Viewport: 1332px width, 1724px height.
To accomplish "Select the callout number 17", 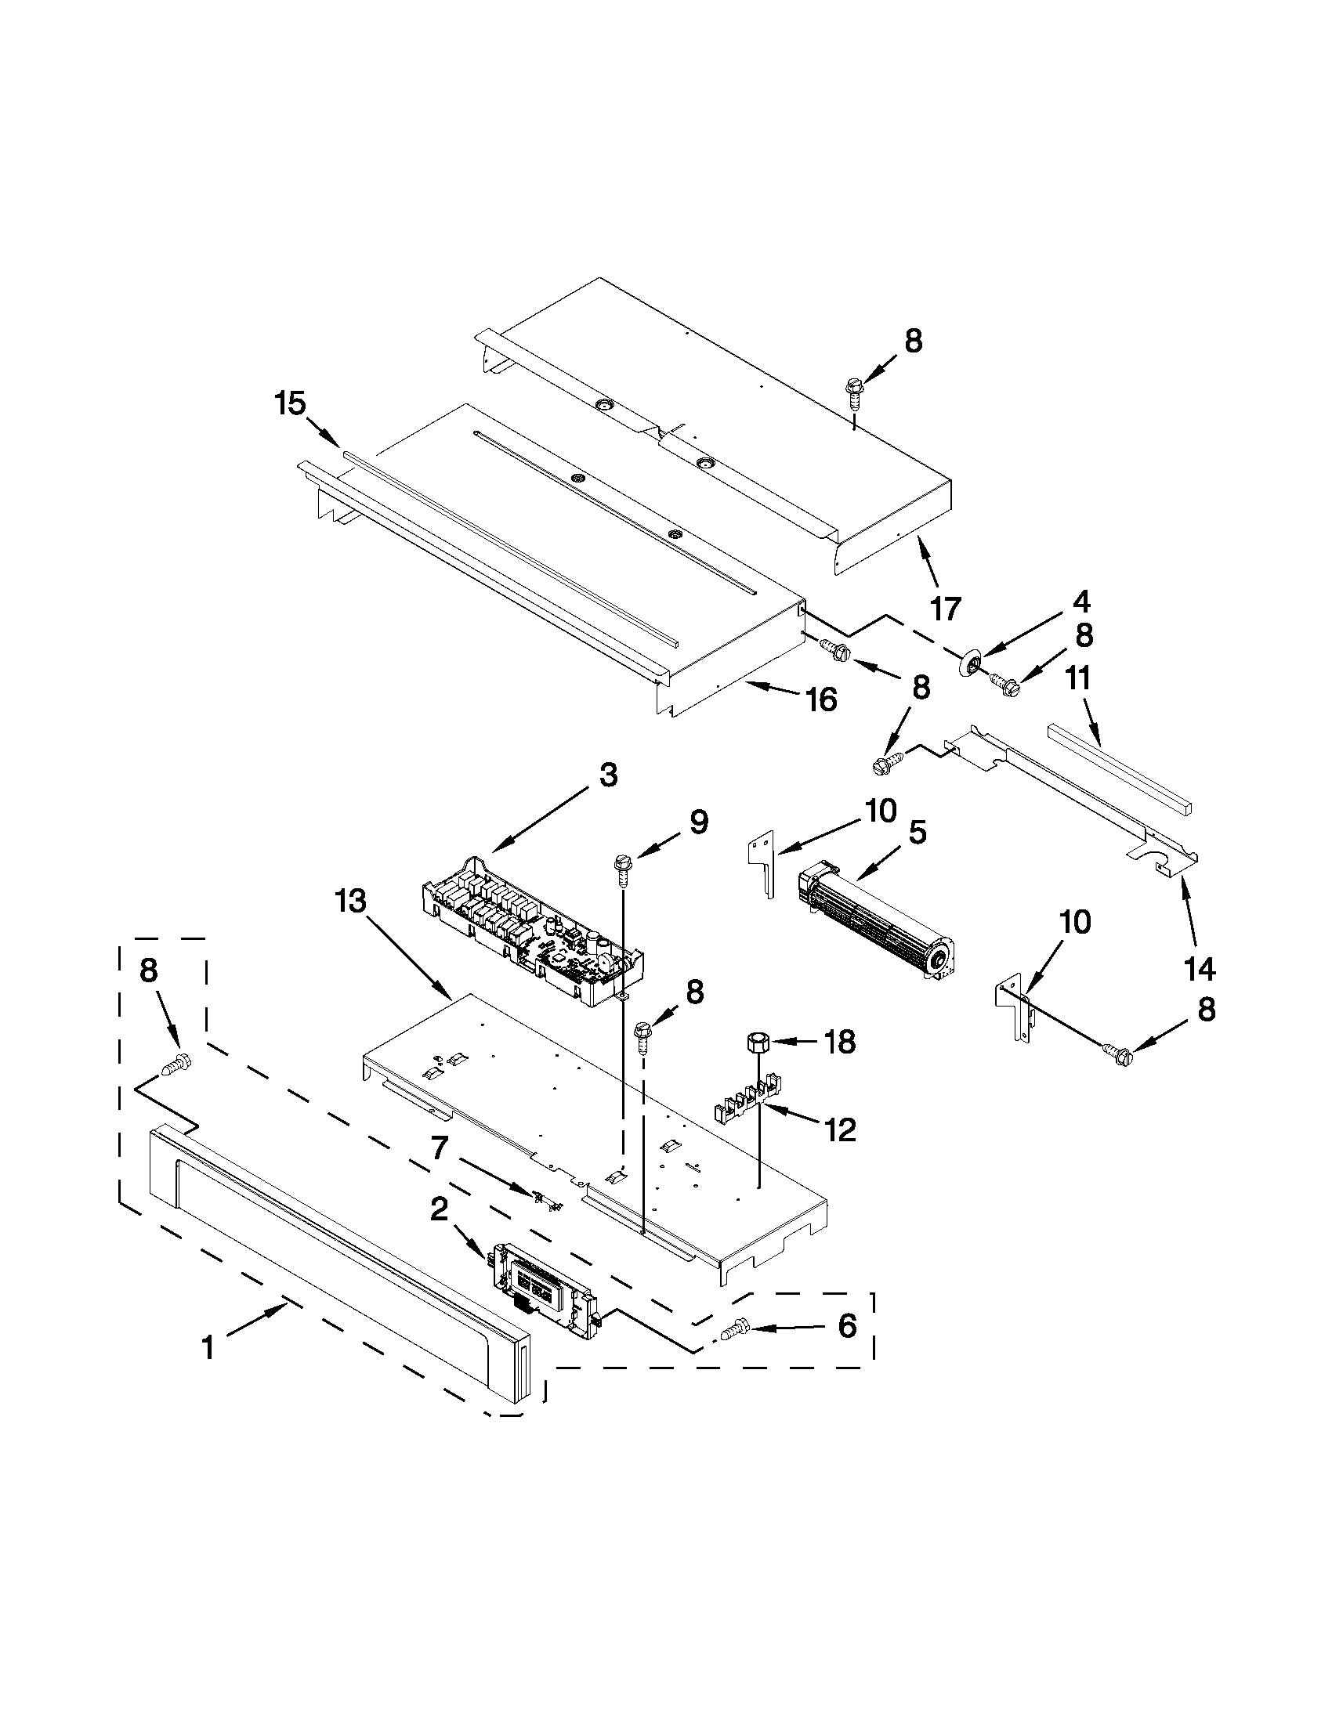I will coord(945,609).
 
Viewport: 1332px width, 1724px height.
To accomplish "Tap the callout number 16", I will coord(822,699).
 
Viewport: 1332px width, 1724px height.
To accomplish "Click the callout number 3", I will coord(608,775).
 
